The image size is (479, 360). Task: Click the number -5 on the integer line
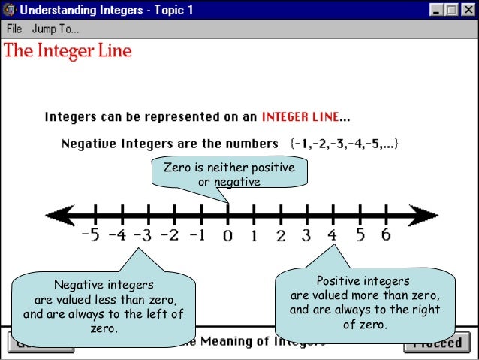click(89, 234)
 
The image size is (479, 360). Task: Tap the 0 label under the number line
click(227, 236)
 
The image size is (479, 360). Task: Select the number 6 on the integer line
click(385, 234)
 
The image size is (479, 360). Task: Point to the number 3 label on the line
click(306, 235)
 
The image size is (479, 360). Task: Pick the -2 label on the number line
click(170, 235)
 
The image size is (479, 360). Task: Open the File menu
click(14, 29)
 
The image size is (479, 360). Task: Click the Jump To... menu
click(56, 29)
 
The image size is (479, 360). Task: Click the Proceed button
click(436, 343)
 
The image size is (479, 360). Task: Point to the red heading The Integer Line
click(68, 51)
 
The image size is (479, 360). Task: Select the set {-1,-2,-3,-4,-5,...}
click(343, 143)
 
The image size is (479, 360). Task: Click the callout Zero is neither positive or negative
click(229, 174)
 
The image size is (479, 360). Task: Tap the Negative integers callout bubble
click(104, 306)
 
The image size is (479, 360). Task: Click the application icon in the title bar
click(10, 11)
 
